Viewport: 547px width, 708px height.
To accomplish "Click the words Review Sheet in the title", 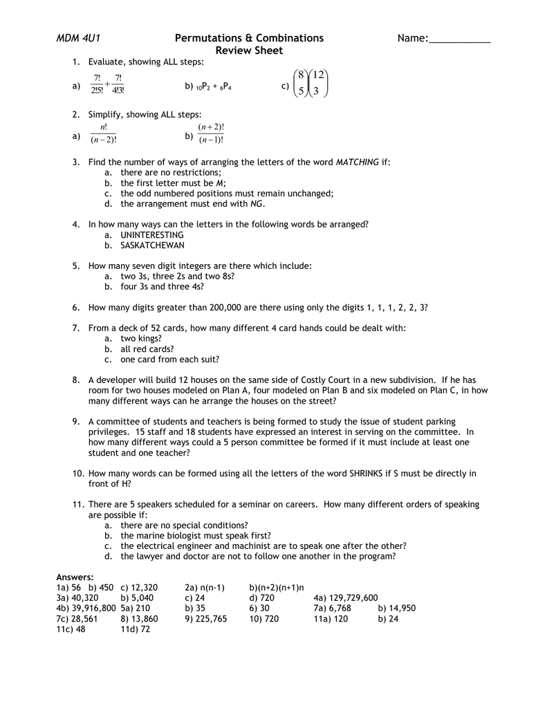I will click(x=249, y=50).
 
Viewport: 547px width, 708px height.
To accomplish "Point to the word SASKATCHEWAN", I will click(x=152, y=245).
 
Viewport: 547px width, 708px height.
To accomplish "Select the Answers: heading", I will click(x=75, y=577).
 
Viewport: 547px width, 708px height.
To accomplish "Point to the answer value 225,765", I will click(x=211, y=619).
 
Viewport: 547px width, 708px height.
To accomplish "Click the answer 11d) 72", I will click(x=135, y=629).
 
